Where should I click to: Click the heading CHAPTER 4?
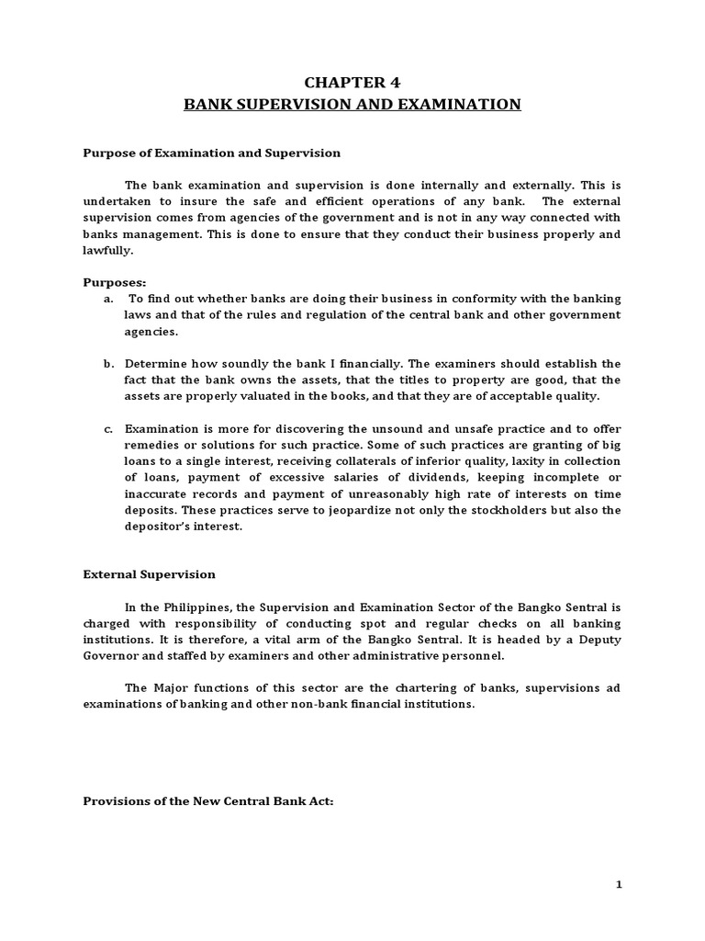(x=352, y=81)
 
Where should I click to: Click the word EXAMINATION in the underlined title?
(x=459, y=105)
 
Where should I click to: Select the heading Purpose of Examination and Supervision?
(x=212, y=153)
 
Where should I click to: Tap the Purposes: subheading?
(x=116, y=283)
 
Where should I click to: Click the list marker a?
(x=108, y=299)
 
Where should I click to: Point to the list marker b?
(x=108, y=363)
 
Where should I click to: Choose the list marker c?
(x=108, y=428)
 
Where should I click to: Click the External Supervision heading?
(x=150, y=574)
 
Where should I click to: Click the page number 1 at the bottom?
(x=619, y=884)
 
